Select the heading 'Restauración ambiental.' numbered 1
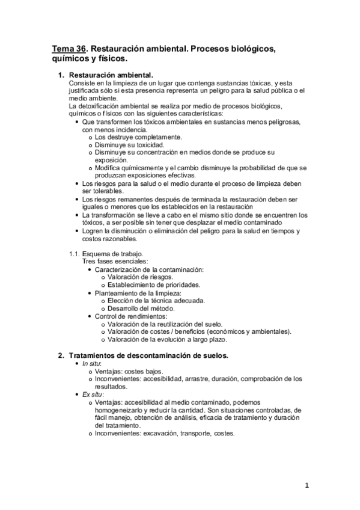tap(112, 75)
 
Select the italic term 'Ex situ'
tap(93, 393)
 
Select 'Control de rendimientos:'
tap(131, 316)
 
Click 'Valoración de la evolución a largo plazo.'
tap(172, 339)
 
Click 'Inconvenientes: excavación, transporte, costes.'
tap(165, 433)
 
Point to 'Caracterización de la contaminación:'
tap(149, 269)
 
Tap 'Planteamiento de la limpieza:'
tap(138, 293)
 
